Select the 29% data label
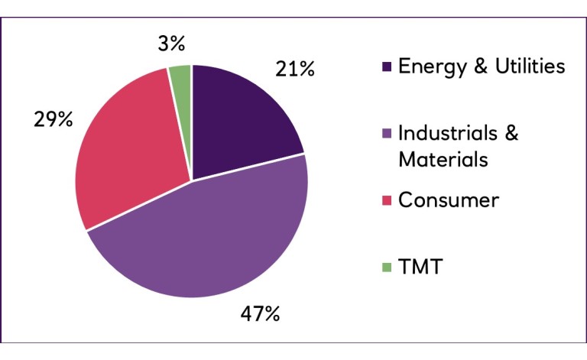click(53, 120)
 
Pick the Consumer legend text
click(449, 200)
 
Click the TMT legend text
click(420, 268)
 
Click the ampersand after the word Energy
click(481, 66)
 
